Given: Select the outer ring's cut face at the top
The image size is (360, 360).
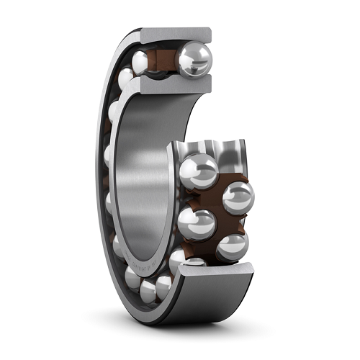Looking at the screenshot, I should pos(176,34).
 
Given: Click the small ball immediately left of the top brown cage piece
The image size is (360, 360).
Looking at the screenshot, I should pos(140,61).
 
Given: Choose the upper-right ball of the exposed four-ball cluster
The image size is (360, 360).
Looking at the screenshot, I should pos(238,196).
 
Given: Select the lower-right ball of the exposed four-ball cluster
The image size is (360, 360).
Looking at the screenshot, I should pos(232,246).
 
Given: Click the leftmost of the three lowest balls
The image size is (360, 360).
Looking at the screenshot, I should pos(132,278).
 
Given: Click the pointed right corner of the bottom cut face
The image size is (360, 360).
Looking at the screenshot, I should pos(253,269).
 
